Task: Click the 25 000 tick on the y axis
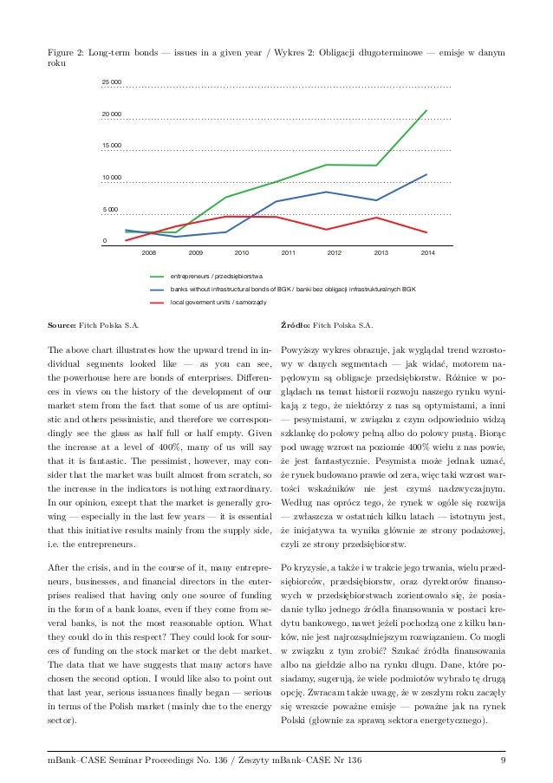pos(111,82)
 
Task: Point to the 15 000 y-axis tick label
pos(111,145)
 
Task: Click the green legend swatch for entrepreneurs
pos(158,274)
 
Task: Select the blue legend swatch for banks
pos(158,289)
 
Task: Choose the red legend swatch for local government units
pos(158,303)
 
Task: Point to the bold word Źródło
pos(298,326)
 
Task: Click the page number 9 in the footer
pos(503,761)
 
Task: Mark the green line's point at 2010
pos(226,197)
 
